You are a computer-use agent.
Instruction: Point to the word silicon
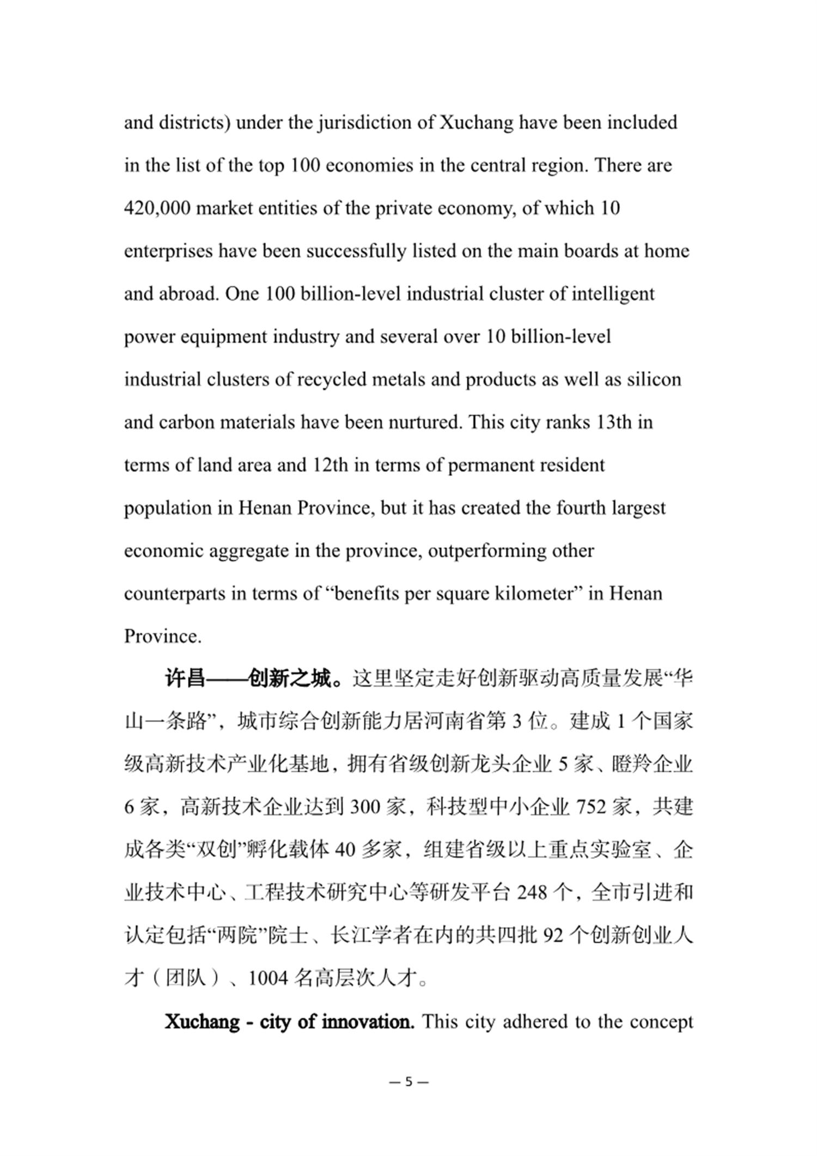[654, 380]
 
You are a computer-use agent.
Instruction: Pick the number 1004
[268, 979]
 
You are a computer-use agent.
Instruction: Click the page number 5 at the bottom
[409, 1082]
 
